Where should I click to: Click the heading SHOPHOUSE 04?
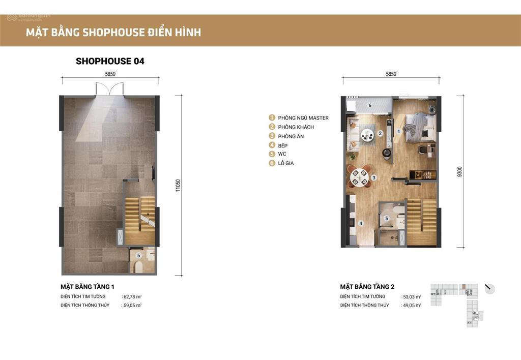[x=110, y=61]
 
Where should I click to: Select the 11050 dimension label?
[x=178, y=185]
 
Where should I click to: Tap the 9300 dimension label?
[x=459, y=171]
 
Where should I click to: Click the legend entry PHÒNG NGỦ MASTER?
[x=303, y=118]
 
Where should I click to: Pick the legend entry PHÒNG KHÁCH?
[x=296, y=127]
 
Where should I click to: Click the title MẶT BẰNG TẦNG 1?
[x=91, y=286]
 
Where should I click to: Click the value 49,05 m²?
[x=412, y=305]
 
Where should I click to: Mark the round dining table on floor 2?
[x=360, y=177]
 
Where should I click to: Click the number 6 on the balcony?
[x=370, y=105]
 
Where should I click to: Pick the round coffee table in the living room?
[x=367, y=135]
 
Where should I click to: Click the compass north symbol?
[x=490, y=289]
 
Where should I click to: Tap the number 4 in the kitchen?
[x=360, y=223]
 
